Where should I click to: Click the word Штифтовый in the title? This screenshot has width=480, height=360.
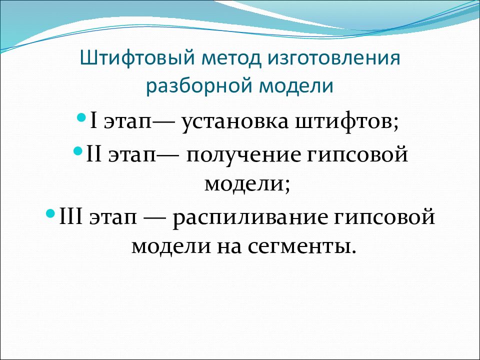[137, 58]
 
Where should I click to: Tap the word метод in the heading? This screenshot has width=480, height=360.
[232, 58]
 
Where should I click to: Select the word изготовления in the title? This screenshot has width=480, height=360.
[334, 58]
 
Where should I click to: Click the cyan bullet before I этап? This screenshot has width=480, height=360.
[81, 116]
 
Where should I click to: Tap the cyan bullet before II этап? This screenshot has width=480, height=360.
[78, 150]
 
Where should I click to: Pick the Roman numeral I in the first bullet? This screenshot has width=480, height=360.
[93, 120]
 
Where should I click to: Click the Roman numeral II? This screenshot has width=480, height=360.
[94, 154]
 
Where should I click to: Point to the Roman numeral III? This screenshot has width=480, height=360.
[70, 216]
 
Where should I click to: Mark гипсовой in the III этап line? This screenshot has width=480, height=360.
[384, 217]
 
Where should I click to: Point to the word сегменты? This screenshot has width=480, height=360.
[298, 247]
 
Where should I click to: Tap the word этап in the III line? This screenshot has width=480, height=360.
[113, 217]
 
